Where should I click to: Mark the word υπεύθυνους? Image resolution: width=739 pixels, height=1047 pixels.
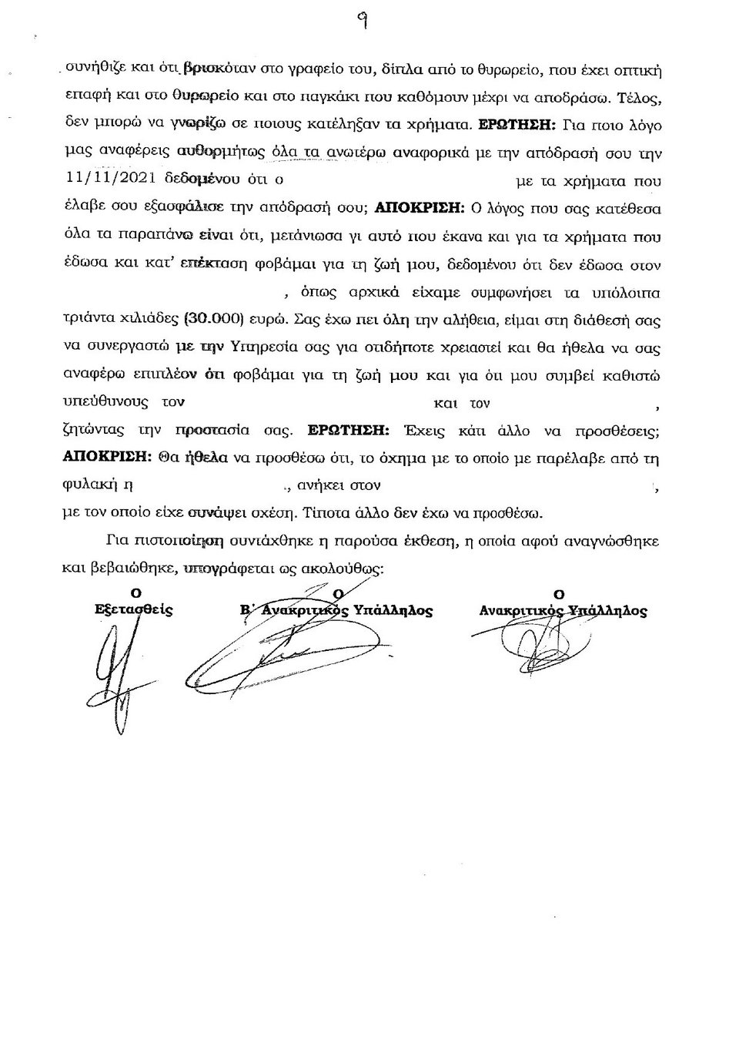pyautogui.click(x=107, y=402)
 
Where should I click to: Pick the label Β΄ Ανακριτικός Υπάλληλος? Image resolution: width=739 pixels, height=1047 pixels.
pyautogui.click(x=336, y=610)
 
